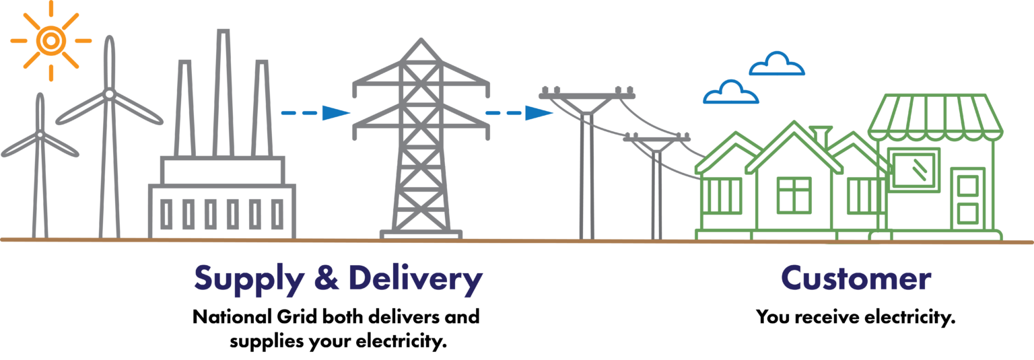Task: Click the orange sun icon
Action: coord(50,41)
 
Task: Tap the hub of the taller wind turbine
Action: coord(108,95)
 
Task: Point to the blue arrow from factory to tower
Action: coord(316,112)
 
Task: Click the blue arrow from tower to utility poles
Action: coord(520,112)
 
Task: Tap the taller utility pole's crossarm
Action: coord(586,97)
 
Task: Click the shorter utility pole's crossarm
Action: coord(656,138)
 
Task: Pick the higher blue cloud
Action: coord(777,65)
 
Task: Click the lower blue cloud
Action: coord(730,93)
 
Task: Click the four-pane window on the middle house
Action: coord(794,194)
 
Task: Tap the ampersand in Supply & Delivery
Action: coord(326,279)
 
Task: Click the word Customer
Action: coord(856,279)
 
